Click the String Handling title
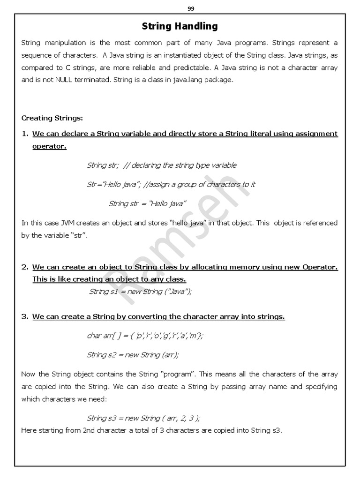(x=180, y=26)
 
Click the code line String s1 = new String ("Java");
(x=141, y=291)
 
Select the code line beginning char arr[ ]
(x=145, y=336)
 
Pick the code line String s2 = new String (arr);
(x=133, y=355)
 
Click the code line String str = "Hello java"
(x=147, y=203)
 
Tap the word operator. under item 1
(x=49, y=146)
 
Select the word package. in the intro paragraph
(x=218, y=80)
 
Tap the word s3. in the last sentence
(x=276, y=430)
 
